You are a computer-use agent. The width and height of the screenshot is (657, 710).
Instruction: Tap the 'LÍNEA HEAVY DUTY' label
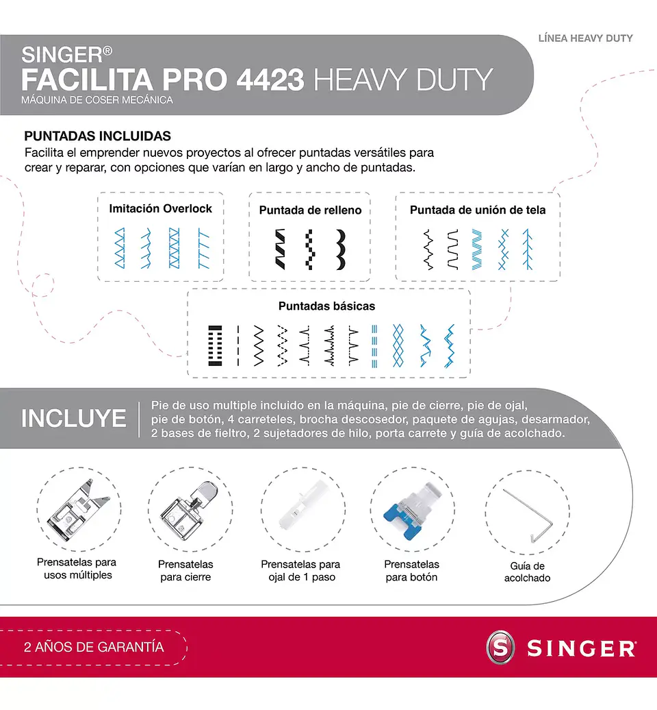pos(585,38)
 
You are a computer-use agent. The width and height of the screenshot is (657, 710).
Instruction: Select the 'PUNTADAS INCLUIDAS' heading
pos(97,136)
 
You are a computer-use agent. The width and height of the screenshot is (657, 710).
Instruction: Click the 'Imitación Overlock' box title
pos(161,208)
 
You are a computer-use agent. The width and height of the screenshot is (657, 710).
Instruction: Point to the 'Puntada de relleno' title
pos(310,210)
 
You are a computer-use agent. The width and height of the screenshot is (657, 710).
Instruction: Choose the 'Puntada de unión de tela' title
pos(478,210)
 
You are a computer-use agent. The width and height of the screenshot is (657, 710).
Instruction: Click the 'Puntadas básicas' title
pos(326,306)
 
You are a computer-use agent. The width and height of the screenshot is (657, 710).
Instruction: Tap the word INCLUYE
pos(74,419)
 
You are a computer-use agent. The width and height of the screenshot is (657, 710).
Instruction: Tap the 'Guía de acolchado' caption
pos(527,572)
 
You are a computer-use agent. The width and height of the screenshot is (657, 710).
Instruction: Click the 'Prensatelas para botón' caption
pos(412,570)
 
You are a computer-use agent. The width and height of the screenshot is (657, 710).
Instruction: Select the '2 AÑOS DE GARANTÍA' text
pos(94,647)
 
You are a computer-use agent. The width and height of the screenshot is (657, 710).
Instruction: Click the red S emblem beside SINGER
pos(500,648)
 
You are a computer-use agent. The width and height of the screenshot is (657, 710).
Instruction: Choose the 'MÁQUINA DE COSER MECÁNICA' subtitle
pos(96,100)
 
